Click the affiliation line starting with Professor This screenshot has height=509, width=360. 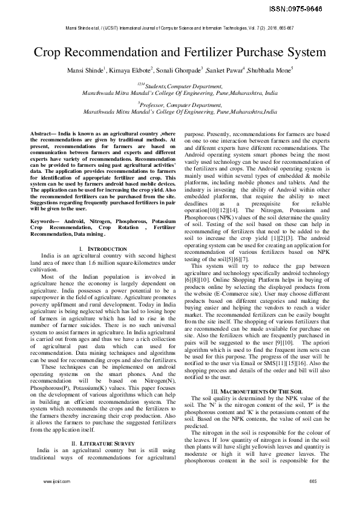(x=180, y=104)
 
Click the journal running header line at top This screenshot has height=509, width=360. (x=180, y=28)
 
